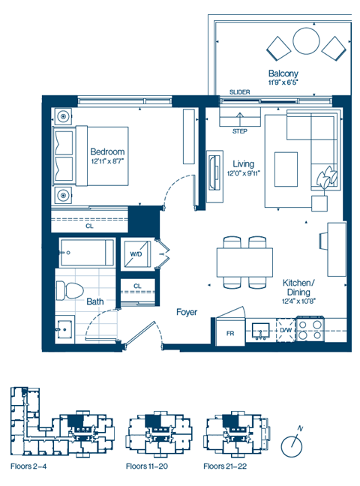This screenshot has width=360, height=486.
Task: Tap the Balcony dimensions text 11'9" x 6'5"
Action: coord(285,83)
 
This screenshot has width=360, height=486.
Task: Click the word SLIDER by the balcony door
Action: coord(240,92)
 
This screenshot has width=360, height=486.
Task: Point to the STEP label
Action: coord(240,130)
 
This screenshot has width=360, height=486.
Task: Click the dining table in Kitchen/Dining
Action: coord(244,262)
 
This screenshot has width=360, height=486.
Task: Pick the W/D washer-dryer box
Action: coord(136,254)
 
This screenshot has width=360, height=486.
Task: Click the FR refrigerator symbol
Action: coord(230,332)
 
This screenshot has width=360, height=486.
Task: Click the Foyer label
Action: coord(187,311)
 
